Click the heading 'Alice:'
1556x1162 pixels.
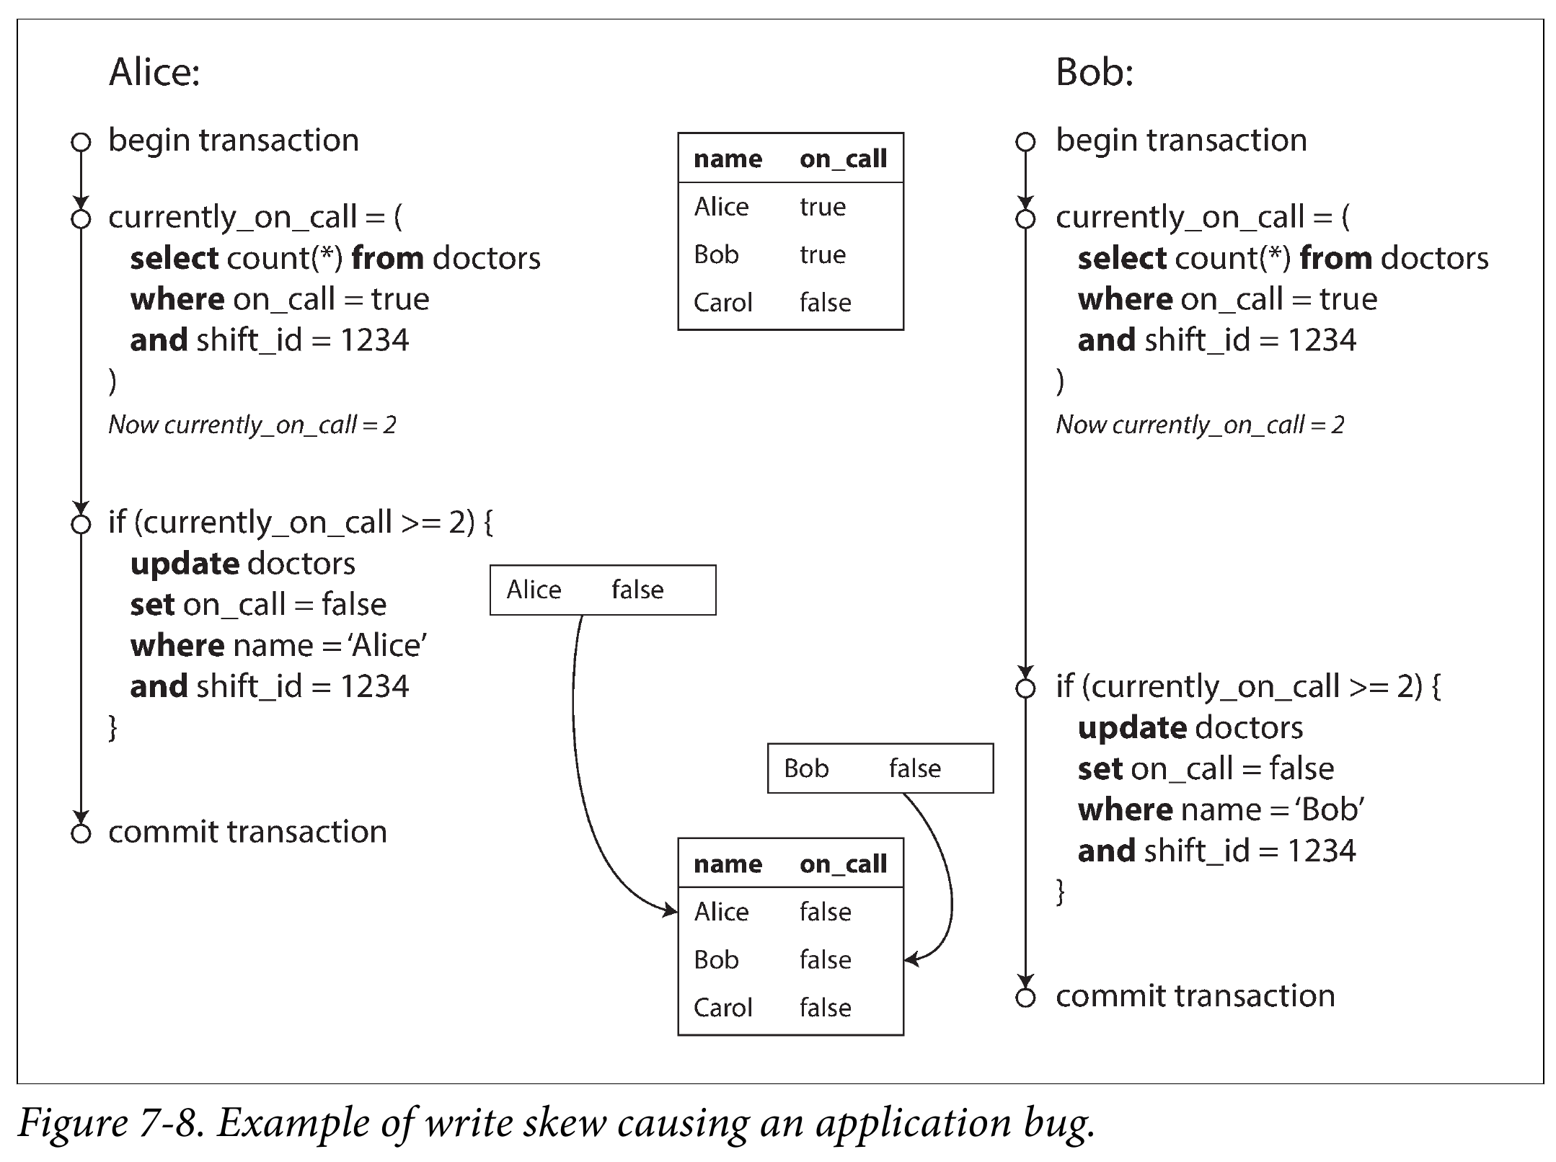154,73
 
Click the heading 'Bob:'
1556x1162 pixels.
1095,73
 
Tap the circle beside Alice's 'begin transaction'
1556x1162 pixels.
81,141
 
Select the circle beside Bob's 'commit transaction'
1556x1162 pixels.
1025,998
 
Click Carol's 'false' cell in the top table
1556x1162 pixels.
826,303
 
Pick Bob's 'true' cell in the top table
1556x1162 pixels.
823,254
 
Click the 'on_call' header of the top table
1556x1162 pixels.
843,159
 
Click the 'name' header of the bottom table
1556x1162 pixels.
728,864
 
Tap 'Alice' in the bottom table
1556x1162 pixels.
721,912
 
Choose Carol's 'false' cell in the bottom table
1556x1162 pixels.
826,1008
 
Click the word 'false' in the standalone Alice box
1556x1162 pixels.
637,590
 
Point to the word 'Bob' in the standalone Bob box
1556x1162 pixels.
806,768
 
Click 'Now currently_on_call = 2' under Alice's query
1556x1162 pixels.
252,425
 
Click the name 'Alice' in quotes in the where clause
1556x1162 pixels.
388,645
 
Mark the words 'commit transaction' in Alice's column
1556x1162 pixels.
247,832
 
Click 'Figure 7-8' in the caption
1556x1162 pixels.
109,1122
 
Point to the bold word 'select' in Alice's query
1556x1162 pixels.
174,258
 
